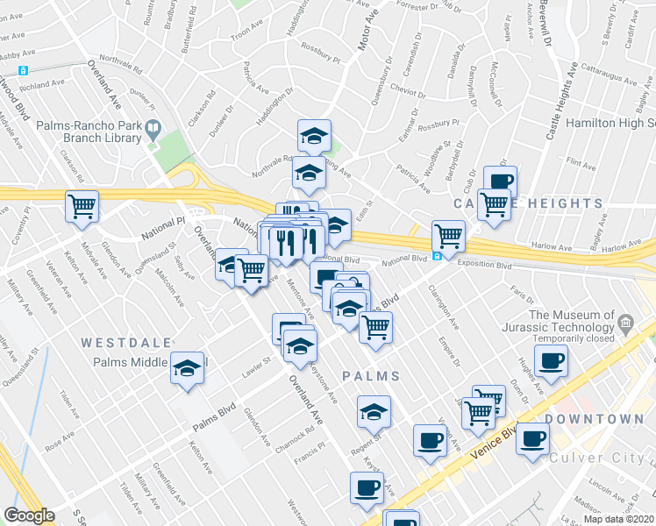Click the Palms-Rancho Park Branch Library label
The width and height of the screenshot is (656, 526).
click(88, 131)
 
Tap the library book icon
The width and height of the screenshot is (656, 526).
click(153, 131)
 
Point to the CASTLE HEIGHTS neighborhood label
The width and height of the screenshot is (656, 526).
click(528, 203)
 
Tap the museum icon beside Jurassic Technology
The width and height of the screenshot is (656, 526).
click(625, 323)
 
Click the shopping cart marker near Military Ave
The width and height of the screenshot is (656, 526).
click(82, 207)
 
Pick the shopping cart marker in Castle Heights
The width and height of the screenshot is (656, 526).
click(494, 203)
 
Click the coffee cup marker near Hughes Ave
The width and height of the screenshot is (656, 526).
click(551, 360)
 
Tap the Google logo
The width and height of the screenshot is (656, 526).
click(30, 515)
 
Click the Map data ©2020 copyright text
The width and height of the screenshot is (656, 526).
click(619, 519)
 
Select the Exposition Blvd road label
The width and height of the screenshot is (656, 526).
click(481, 263)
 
